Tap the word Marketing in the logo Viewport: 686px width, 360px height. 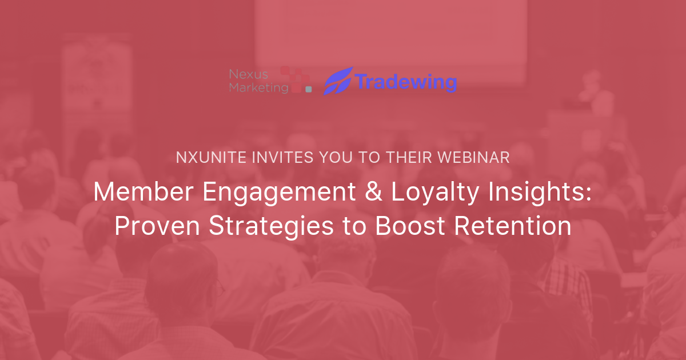point(252,87)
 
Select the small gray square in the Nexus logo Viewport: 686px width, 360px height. point(309,89)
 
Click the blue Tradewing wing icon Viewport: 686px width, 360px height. point(338,81)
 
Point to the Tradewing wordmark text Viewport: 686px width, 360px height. point(405,82)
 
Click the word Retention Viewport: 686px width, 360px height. point(513,226)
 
